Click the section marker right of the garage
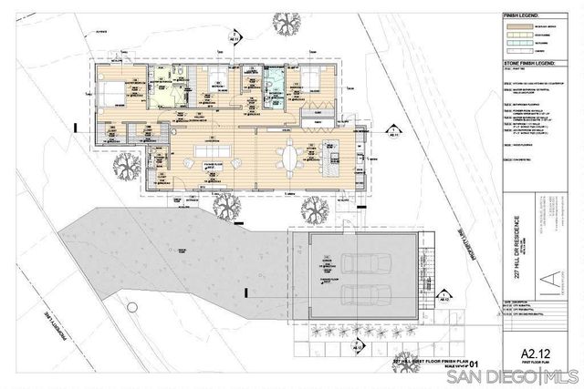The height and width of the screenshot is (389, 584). [445, 293]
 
